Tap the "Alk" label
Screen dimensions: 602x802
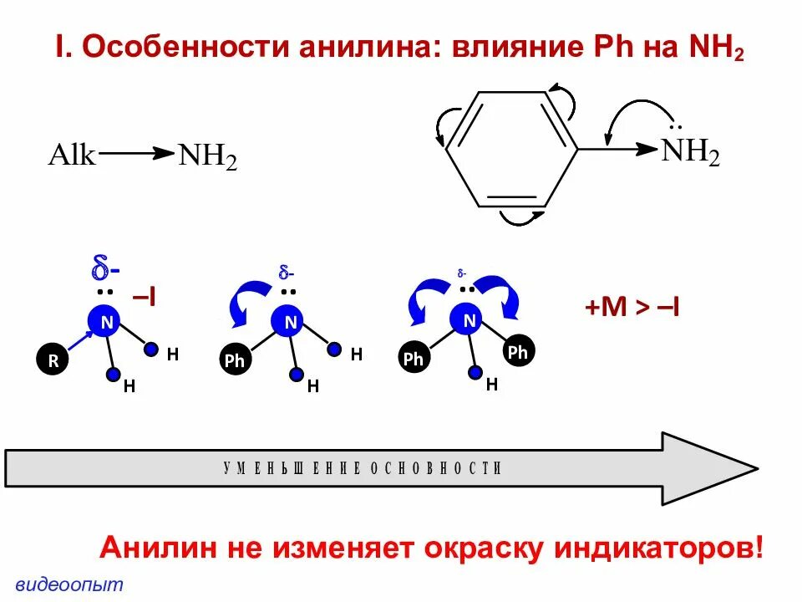pyautogui.click(x=73, y=155)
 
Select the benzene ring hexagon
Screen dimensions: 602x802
pyautogui.click(x=511, y=150)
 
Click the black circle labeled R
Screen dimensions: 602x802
pyautogui.click(x=53, y=360)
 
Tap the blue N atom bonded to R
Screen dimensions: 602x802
pyautogui.click(x=105, y=321)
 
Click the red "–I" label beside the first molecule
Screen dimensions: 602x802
pyautogui.click(x=146, y=297)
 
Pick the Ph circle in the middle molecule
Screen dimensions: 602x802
pyautogui.click(x=235, y=360)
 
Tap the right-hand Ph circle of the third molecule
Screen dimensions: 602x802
pyautogui.click(x=518, y=352)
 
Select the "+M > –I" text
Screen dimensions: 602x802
pyautogui.click(x=632, y=308)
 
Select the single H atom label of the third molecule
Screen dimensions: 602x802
pyautogui.click(x=492, y=385)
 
